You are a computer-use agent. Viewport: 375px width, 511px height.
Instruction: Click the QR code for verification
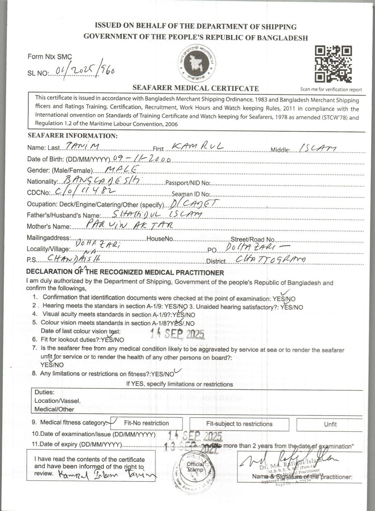pyautogui.click(x=333, y=64)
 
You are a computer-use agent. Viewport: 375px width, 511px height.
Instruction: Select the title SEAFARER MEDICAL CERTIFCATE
pyautogui.click(x=196, y=88)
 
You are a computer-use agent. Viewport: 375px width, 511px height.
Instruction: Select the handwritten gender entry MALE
pyautogui.click(x=122, y=169)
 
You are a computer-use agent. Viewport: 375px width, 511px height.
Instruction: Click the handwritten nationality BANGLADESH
pyautogui.click(x=103, y=180)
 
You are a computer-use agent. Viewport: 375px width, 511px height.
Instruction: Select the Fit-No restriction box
pyautogui.click(x=146, y=423)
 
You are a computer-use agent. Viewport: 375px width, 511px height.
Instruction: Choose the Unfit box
pyautogui.click(x=330, y=424)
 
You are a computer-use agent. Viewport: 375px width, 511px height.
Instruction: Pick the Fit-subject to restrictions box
pyautogui.click(x=239, y=424)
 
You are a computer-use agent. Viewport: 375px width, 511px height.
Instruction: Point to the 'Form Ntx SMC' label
pyautogui.click(x=50, y=57)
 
